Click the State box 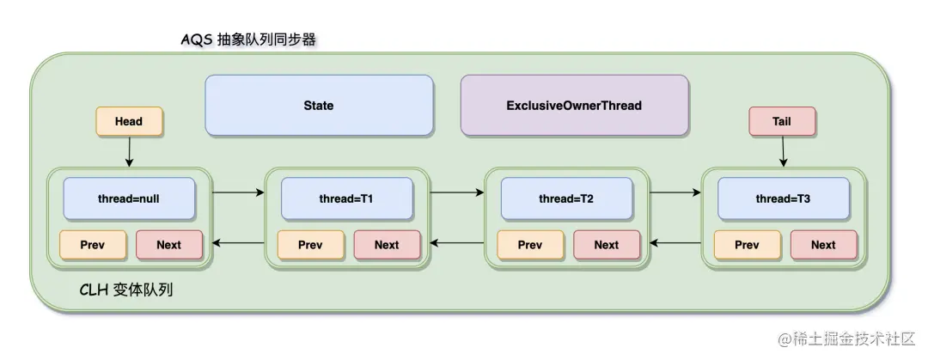click(319, 106)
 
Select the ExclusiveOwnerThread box click(574, 106)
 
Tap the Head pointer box click(129, 121)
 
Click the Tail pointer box click(782, 121)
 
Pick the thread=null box click(129, 199)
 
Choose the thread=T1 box click(347, 199)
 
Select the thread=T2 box click(566, 199)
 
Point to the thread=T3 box click(784, 199)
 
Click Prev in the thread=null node click(93, 245)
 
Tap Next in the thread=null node click(169, 245)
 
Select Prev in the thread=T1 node click(311, 245)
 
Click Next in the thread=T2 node click(607, 245)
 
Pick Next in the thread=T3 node click(824, 245)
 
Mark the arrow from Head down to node click(129, 152)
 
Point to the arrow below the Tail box click(783, 152)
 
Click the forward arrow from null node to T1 click(238, 192)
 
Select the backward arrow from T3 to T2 click(675, 243)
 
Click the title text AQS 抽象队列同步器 click(248, 40)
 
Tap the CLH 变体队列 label click(126, 290)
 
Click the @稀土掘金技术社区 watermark click(846, 339)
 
